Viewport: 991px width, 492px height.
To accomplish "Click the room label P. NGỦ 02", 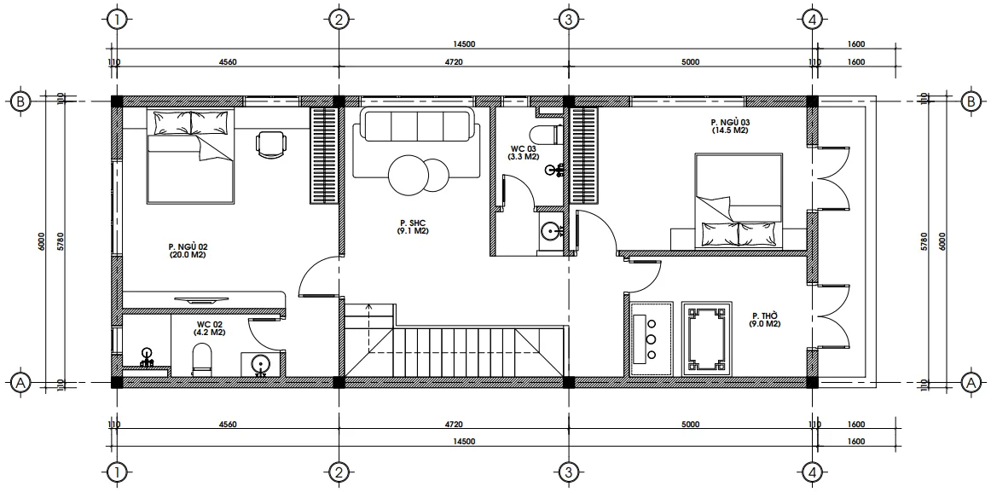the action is pos(188,251).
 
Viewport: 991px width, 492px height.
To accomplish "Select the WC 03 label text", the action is pos(524,153).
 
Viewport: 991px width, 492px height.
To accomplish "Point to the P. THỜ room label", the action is pos(765,320).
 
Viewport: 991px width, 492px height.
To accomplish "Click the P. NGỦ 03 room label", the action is pos(729,125).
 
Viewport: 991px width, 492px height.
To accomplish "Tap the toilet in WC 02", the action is pos(201,359).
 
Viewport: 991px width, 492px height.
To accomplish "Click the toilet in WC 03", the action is pos(545,134).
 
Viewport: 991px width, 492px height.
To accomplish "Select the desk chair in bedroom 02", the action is pos(271,145).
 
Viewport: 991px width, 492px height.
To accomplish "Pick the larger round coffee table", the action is pos(409,175).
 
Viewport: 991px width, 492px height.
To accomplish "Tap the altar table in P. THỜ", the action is pos(707,339).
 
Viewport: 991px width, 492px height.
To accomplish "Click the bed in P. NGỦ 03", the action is pos(739,200).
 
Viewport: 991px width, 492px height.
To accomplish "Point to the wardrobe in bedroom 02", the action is pos(323,155).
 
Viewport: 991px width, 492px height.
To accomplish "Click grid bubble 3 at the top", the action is pos(568,20).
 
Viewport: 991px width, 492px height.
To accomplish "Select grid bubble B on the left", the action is pos(20,101).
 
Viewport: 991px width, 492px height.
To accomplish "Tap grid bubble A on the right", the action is pos(971,382).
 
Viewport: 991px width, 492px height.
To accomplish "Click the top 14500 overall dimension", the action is pos(464,44).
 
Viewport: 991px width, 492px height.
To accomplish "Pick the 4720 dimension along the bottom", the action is pos(454,425).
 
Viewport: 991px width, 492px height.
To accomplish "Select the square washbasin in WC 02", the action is pos(259,365).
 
